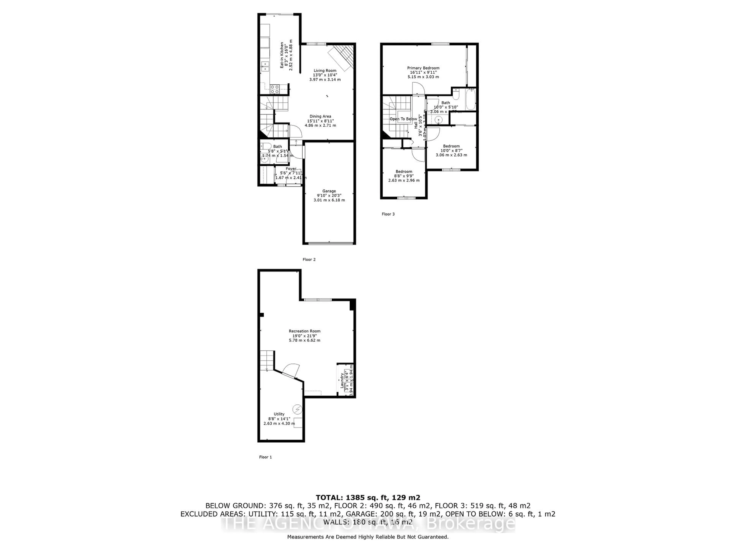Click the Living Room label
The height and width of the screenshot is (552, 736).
click(325, 71)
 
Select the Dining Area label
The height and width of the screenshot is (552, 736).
click(320, 117)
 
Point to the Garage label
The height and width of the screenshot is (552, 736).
click(329, 191)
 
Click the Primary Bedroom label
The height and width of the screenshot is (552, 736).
click(423, 68)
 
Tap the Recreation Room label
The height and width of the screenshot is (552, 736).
click(304, 331)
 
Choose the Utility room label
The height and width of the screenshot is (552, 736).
click(279, 414)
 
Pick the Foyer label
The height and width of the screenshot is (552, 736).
click(291, 169)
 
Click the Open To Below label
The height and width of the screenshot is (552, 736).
click(403, 119)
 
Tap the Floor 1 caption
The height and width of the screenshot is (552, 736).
click(265, 457)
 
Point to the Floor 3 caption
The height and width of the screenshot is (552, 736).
click(388, 214)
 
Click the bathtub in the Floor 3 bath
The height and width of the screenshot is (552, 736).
click(471, 99)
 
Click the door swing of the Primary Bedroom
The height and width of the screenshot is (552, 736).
click(419, 89)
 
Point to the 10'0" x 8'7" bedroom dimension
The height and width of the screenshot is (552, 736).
click(451, 150)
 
